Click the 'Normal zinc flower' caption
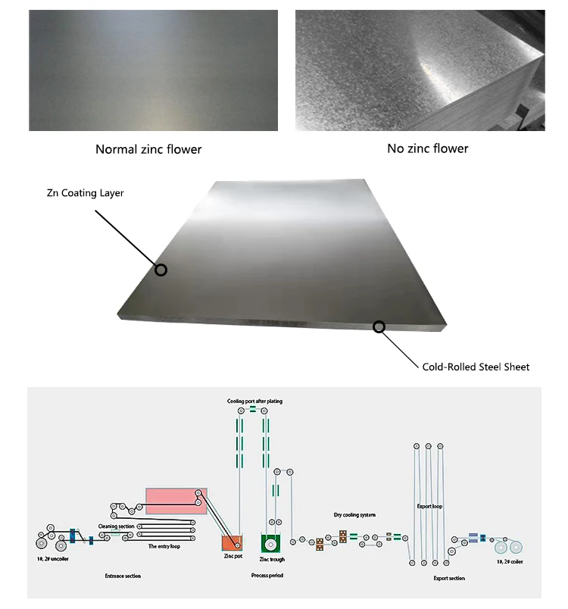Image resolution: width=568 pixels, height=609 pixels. coord(148,149)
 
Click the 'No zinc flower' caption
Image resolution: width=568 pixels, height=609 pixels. coord(427,148)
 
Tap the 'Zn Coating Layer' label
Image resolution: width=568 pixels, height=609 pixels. coord(85,193)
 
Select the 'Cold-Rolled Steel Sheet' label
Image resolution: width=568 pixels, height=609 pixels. coord(476,367)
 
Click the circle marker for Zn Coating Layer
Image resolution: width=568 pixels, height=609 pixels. coord(161,270)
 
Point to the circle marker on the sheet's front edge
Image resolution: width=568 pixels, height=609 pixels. coord(379,326)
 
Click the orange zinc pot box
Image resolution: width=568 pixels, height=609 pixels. coord(231,542)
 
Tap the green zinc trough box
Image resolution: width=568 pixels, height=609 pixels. coord(271,542)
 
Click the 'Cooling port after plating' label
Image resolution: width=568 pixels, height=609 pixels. coord(254,401)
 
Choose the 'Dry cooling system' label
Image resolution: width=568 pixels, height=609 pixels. coord(354,515)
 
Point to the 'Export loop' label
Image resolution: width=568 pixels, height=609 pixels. coord(429,506)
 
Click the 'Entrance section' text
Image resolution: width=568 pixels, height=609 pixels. coord(123,576)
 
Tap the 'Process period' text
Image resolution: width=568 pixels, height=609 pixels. coord(267,576)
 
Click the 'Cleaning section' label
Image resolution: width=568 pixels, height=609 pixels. coord(116,526)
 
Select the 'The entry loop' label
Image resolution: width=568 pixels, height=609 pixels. coord(164,545)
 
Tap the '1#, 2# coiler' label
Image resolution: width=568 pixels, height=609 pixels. coord(509,561)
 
